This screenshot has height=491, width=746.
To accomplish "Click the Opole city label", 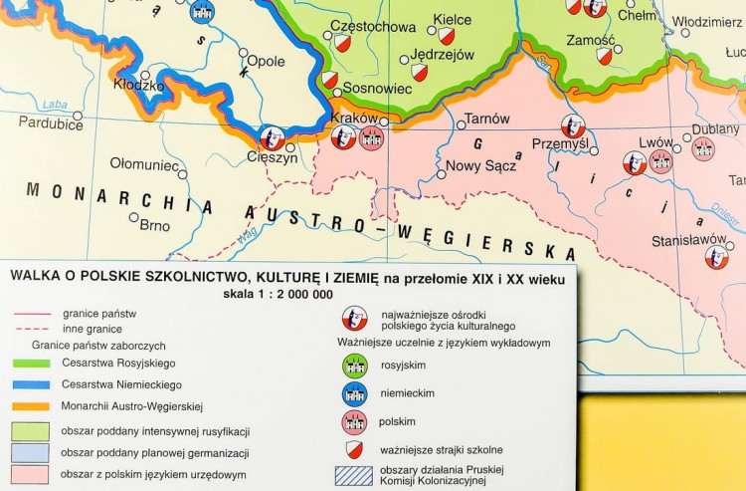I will point(266,61).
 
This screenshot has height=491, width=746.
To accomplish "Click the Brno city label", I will point(154,225).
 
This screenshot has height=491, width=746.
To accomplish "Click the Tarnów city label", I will point(486,119).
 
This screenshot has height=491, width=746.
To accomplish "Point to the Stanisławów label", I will point(687,240).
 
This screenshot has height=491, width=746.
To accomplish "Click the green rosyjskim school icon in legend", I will point(355,366).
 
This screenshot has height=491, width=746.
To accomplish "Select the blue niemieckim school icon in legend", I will point(355,393).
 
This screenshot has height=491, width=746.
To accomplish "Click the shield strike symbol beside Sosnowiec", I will point(329,79).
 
